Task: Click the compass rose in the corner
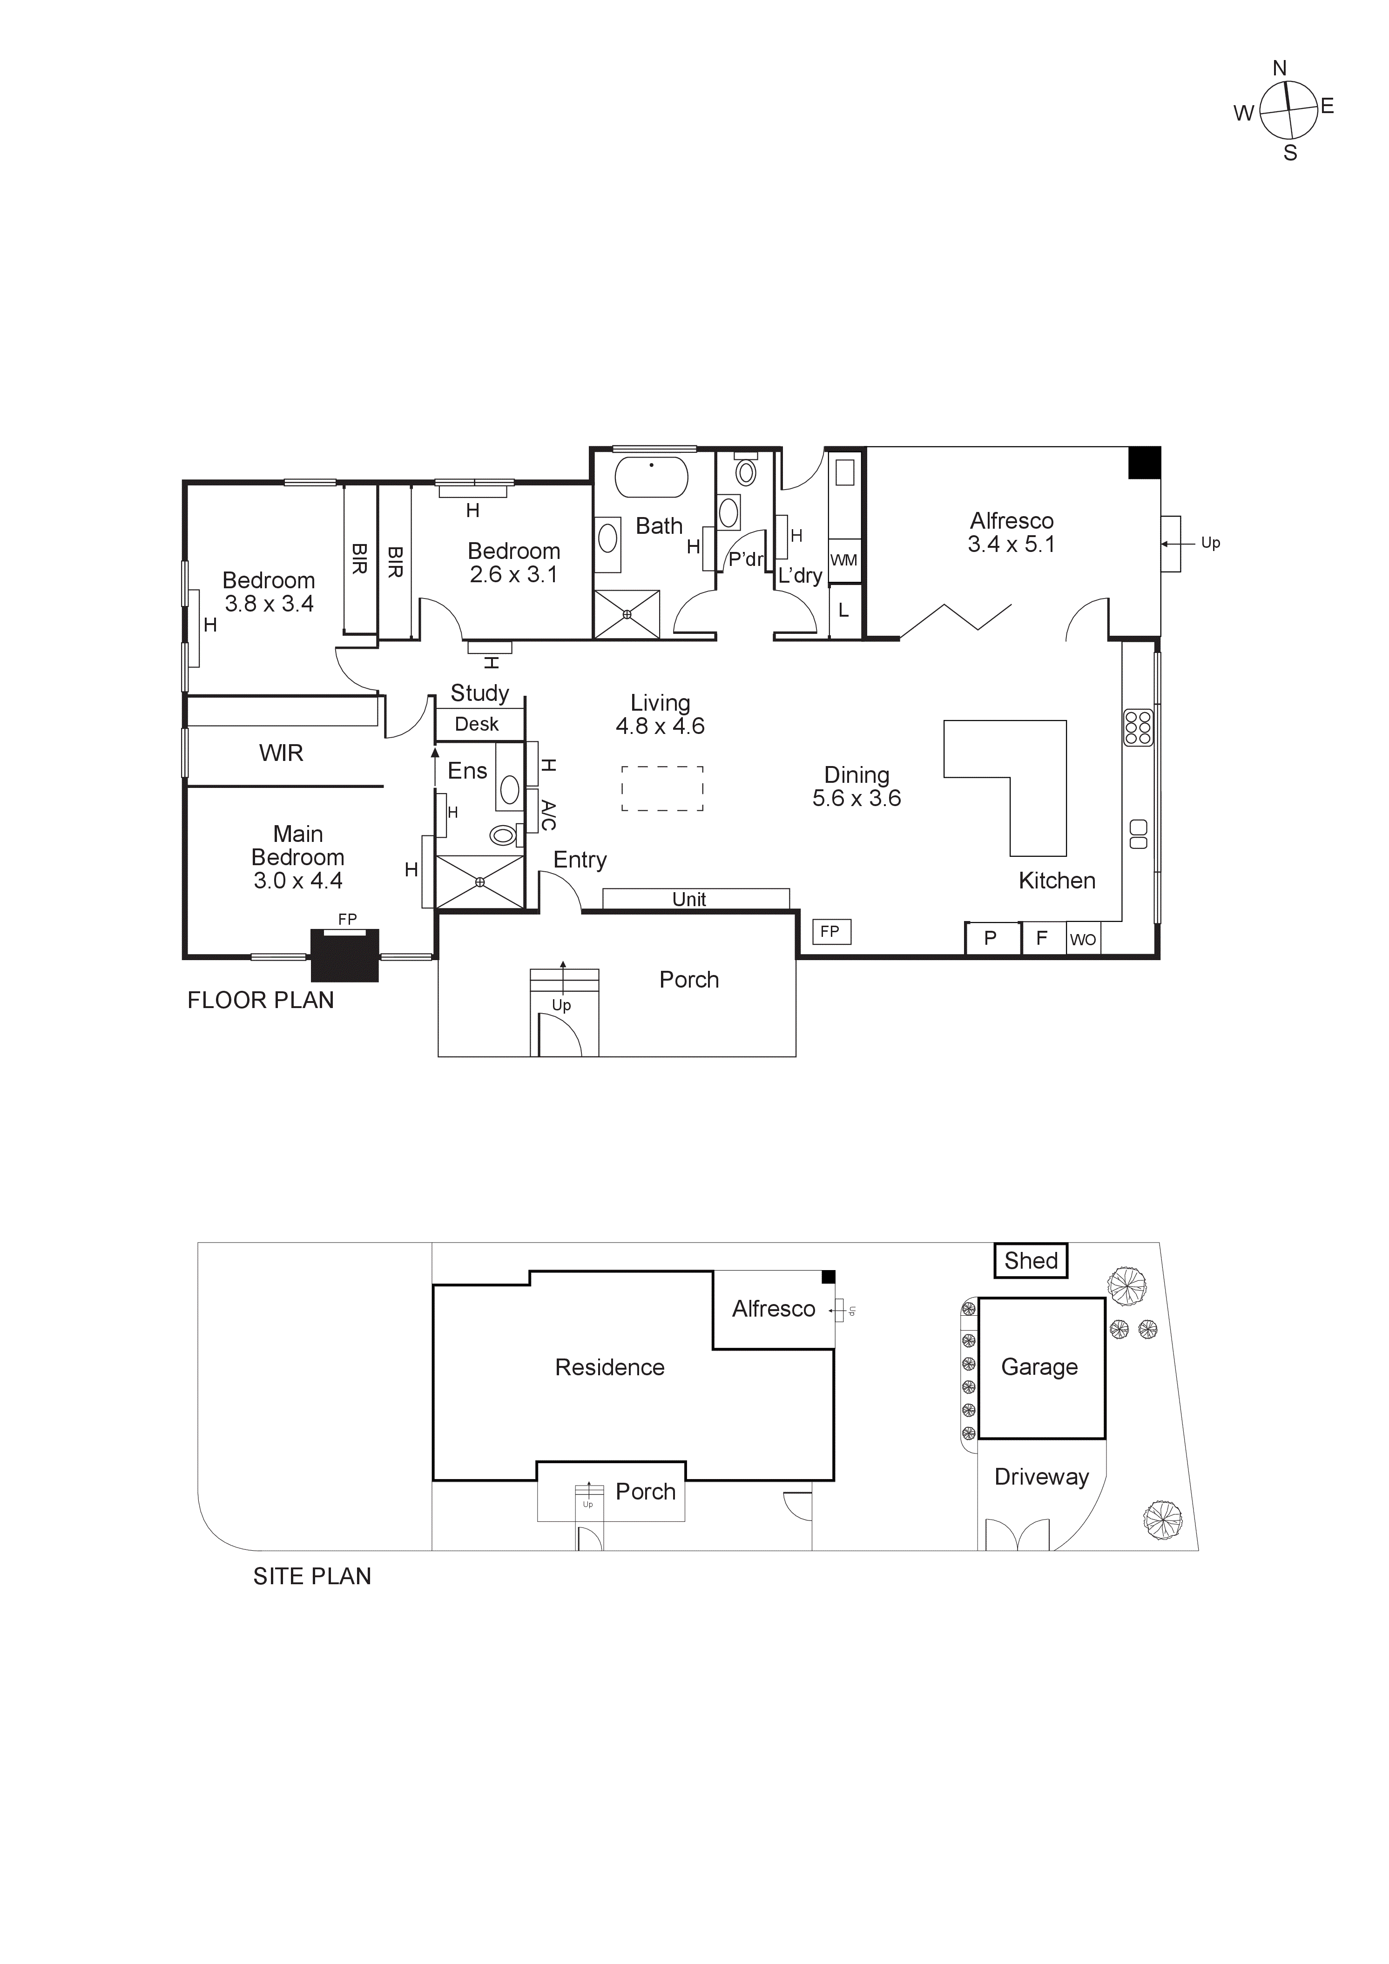coord(1287,110)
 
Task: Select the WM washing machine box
coord(844,560)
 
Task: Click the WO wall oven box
coord(1083,939)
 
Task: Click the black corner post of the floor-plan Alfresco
coord(1144,463)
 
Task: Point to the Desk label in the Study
coord(476,725)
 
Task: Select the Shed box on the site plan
coord(1031,1261)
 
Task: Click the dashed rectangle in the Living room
coord(662,788)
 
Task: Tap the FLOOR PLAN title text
coord(260,1000)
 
